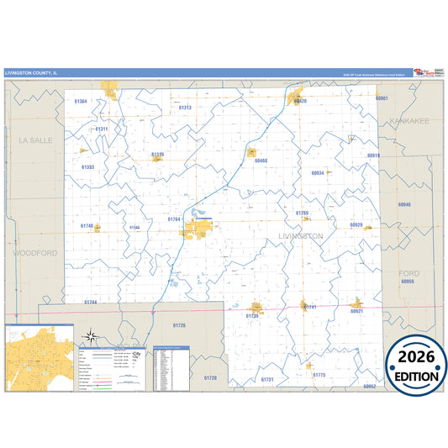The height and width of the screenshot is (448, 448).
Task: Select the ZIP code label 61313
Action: tap(185, 108)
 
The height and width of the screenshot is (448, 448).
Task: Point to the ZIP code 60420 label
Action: tap(300, 102)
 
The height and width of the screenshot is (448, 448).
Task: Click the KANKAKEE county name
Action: tap(409, 121)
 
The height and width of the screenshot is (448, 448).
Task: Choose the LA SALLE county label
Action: tap(36, 140)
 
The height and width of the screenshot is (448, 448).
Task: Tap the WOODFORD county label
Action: tap(34, 252)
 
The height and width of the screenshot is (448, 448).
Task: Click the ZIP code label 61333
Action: tap(88, 167)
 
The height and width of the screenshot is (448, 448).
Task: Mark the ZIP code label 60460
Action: tap(261, 161)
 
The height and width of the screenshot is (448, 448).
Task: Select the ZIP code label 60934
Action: tap(317, 172)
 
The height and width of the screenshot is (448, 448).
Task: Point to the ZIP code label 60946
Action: tap(404, 204)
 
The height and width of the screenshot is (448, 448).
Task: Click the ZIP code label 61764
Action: tap(174, 219)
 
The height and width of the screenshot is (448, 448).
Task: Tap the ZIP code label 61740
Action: tap(87, 226)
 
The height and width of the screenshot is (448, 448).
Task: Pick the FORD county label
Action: tap(409, 273)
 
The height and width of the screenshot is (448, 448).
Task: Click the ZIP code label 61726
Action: tap(179, 324)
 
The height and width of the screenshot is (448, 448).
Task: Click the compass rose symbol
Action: tap(92, 340)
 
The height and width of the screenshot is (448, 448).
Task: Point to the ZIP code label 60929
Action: tap(356, 225)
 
